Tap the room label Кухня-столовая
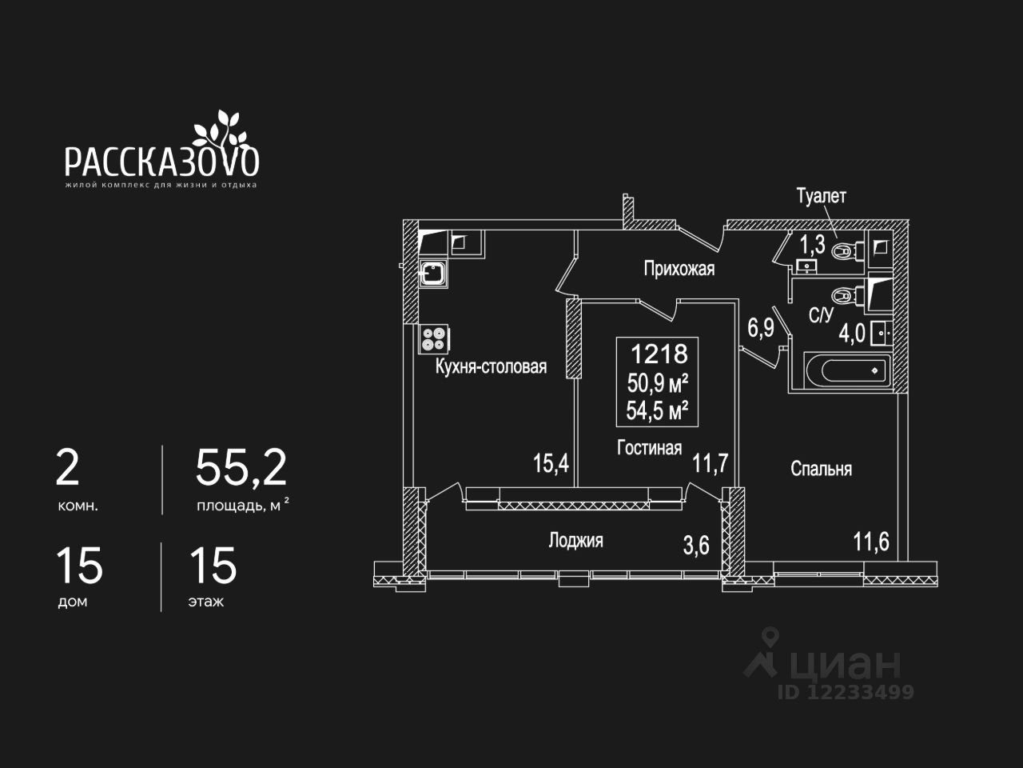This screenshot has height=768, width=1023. click(491, 366)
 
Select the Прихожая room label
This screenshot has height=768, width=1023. click(679, 269)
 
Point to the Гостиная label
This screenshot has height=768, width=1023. click(649, 447)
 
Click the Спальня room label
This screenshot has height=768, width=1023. click(821, 469)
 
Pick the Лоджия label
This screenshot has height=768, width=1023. click(575, 541)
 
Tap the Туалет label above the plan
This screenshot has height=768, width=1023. click(821, 196)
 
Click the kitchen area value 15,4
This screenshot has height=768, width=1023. click(551, 462)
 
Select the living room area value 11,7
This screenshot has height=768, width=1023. click(710, 462)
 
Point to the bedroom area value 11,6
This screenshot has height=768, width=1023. click(870, 542)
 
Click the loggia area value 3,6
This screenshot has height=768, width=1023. click(695, 546)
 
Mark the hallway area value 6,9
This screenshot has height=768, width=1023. click(760, 328)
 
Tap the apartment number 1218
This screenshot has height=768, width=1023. click(659, 353)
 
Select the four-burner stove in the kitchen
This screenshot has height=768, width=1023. click(433, 339)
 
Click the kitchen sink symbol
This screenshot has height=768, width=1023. click(433, 274)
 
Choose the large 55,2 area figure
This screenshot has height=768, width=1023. click(241, 468)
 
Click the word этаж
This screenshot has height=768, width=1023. click(206, 602)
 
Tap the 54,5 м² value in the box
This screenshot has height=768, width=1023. click(658, 411)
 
